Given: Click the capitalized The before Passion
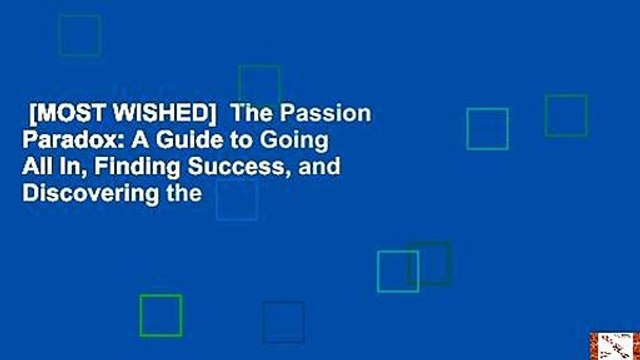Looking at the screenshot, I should [x=251, y=113].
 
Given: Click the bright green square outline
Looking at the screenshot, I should [x=160, y=315].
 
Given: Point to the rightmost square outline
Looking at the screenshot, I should [x=565, y=115].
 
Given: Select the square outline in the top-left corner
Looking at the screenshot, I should [x=79, y=36].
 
